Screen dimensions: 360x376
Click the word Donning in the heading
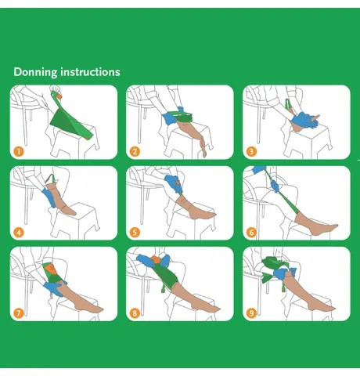click(x=35, y=72)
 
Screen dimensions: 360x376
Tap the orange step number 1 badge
click(x=19, y=151)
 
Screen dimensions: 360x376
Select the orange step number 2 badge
click(x=135, y=151)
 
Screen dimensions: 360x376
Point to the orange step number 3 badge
click(x=251, y=151)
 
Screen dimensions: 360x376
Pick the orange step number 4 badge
click(x=19, y=232)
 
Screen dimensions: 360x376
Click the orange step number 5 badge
click(x=135, y=232)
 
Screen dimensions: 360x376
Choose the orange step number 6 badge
click(x=251, y=232)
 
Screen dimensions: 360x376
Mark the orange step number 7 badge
click(x=19, y=313)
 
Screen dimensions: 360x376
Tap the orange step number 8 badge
click(x=135, y=313)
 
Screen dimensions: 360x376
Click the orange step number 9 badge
click(x=251, y=313)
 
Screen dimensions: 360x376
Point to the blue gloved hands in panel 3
click(x=304, y=120)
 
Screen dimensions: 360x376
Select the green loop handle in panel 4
click(x=52, y=179)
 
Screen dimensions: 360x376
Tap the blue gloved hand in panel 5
click(x=172, y=183)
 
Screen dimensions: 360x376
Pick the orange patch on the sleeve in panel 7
click(x=49, y=269)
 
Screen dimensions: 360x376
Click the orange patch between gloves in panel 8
click(x=156, y=259)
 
